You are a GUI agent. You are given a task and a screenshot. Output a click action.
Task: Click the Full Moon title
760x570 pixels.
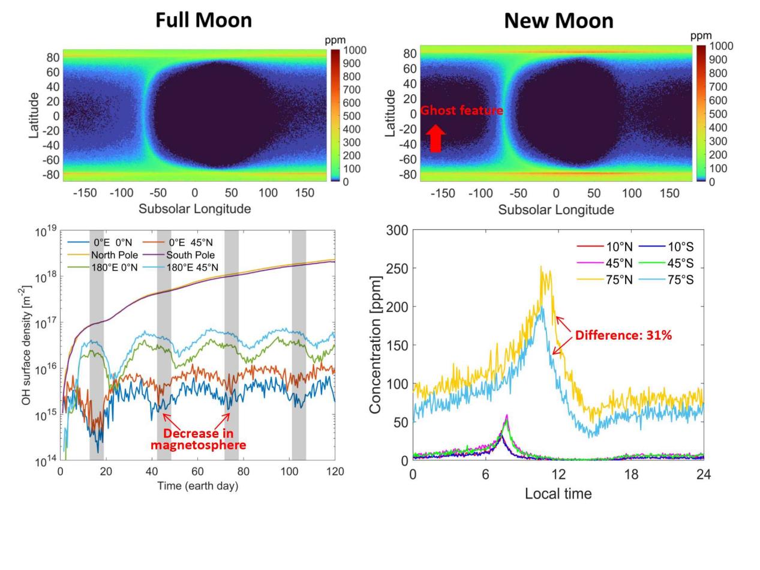click(203, 20)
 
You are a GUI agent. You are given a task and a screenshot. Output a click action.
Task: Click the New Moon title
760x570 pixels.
click(558, 20)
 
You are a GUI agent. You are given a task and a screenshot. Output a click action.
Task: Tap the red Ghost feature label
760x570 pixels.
click(461, 110)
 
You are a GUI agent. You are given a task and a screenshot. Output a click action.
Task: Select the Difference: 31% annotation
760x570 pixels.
click(623, 335)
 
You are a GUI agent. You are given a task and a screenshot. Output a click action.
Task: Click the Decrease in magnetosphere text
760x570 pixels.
click(198, 439)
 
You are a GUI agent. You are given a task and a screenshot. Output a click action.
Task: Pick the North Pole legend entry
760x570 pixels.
click(115, 255)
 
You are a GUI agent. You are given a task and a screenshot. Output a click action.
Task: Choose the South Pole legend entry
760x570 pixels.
click(190, 255)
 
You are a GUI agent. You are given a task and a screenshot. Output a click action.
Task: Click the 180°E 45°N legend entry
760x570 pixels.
click(193, 267)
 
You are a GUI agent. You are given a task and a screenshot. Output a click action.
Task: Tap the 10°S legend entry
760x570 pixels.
click(681, 247)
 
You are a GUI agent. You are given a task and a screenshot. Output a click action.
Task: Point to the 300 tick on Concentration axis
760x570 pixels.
click(397, 230)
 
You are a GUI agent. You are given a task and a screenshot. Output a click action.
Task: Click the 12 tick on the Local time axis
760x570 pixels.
click(558, 475)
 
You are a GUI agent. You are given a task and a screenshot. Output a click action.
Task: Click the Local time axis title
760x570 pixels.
click(558, 494)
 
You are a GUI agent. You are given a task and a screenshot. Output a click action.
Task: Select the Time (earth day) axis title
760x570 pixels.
click(197, 485)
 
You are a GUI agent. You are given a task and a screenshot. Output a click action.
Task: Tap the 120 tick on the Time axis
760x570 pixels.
click(334, 472)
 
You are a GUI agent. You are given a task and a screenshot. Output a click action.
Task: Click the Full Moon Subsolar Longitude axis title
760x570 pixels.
click(194, 209)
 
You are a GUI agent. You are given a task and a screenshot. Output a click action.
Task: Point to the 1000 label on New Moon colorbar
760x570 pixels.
click(721, 46)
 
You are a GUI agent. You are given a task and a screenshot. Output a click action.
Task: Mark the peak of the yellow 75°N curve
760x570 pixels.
click(541, 267)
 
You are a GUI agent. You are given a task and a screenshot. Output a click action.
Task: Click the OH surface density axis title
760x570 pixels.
click(26, 346)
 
